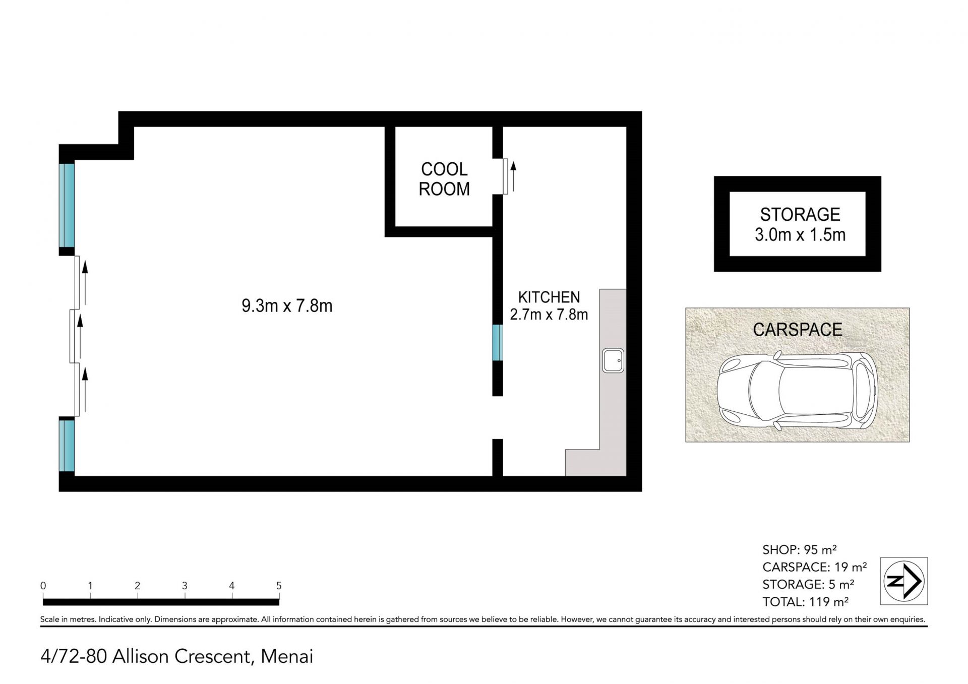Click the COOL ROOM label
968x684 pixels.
pos(444,179)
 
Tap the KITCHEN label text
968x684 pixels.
pos(549,297)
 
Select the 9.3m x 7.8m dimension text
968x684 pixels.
pos(287,306)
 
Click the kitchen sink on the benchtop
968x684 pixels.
pos(613,361)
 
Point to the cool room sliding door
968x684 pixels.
pos(505,176)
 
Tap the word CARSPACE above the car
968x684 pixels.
pos(798,330)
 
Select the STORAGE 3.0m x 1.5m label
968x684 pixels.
pos(800,224)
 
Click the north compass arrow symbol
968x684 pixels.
pos(904,581)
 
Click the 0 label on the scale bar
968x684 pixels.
pos(43,586)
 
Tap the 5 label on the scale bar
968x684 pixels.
pos(279,586)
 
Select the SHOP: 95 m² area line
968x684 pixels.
pos(800,549)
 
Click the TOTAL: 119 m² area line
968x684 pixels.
pos(805,601)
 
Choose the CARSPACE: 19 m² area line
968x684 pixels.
pos(814,567)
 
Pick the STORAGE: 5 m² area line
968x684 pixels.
pos(808,584)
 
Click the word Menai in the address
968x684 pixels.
pos(287,656)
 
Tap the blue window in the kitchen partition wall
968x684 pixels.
pos(498,343)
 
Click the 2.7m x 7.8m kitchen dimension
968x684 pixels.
pos(549,315)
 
